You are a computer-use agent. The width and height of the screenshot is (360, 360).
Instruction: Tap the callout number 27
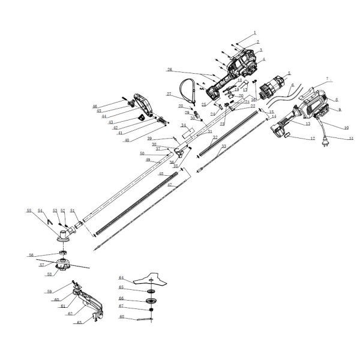pyautogui.click(x=169, y=94)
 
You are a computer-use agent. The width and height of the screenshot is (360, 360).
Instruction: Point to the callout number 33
pyautogui.click(x=224, y=146)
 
